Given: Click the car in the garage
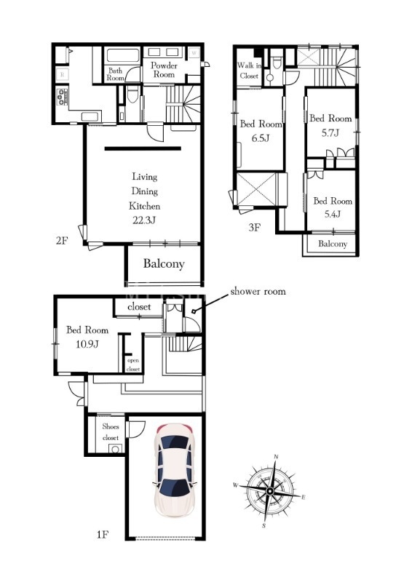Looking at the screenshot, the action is click(173, 471).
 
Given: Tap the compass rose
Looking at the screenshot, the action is click(270, 492).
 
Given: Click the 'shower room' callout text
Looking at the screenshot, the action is click(258, 292).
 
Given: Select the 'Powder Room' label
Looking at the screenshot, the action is click(165, 70).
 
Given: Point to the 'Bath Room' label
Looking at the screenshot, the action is click(115, 74).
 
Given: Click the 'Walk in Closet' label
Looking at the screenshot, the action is click(249, 71).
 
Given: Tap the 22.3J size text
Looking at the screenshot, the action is click(144, 220).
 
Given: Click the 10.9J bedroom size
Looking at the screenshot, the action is click(87, 344).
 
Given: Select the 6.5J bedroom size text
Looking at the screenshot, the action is click(260, 138).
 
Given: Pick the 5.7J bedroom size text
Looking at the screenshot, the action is click(330, 132).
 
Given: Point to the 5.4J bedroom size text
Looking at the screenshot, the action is click(332, 214).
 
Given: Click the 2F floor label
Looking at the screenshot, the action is click(62, 241).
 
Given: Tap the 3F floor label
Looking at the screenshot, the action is click(255, 227).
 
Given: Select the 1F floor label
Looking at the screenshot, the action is click(102, 535).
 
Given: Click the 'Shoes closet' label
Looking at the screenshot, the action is click(111, 432).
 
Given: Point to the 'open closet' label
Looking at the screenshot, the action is click(133, 364).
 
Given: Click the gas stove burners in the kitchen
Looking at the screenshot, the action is click(62, 97).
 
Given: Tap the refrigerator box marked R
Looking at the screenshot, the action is click(62, 75).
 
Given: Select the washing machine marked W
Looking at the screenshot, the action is click(194, 53).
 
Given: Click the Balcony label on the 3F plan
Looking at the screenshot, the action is click(333, 244).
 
